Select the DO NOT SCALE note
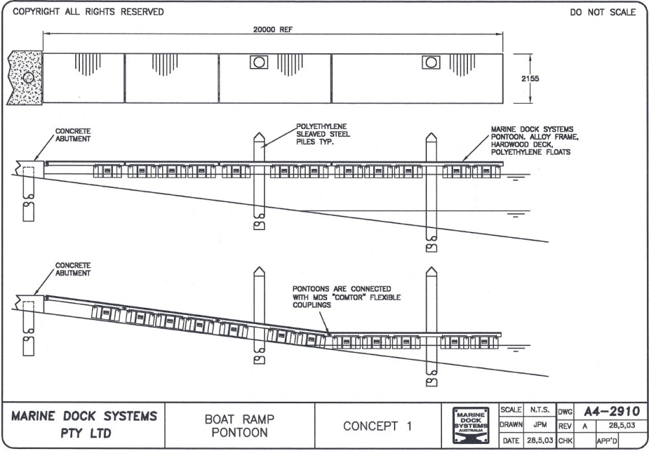(603, 12)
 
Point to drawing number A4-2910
(611, 411)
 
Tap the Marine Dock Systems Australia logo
(472, 425)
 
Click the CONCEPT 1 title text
(378, 426)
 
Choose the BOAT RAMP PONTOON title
(239, 426)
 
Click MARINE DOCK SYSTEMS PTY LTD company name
(84, 424)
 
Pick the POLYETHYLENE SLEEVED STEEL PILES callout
(323, 134)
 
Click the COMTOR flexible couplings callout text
(347, 297)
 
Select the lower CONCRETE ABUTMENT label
(73, 269)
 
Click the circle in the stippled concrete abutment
(29, 78)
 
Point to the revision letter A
(585, 426)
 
